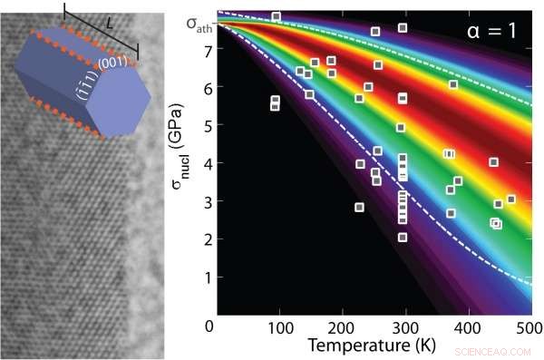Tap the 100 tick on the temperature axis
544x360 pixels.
click(x=280, y=326)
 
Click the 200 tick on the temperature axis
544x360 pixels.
click(x=343, y=326)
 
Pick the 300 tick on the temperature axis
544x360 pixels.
click(x=405, y=326)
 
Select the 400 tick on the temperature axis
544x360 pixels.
click(x=468, y=326)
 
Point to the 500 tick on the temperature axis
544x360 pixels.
click(x=529, y=326)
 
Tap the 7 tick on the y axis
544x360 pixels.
click(x=208, y=51)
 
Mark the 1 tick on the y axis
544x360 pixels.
click(x=208, y=276)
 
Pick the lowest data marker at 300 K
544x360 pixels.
click(x=403, y=238)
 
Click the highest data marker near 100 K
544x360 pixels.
click(x=276, y=17)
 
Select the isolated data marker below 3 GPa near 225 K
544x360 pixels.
click(x=359, y=208)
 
